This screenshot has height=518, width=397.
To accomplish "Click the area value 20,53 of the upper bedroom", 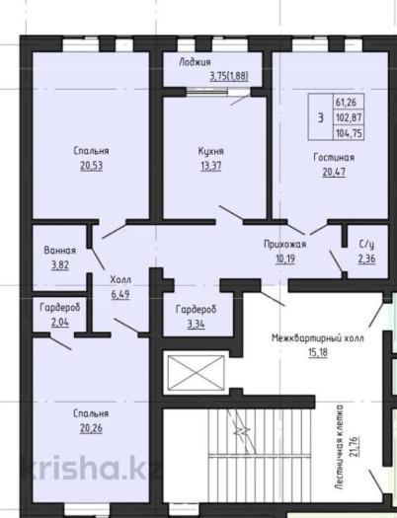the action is [x=91, y=166].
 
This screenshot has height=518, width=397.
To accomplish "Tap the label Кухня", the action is [x=211, y=151].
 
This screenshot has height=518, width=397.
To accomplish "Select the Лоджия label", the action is [x=195, y=62].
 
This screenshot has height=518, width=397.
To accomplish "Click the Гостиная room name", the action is [x=334, y=157].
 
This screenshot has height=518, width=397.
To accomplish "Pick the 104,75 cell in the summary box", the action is [x=349, y=133].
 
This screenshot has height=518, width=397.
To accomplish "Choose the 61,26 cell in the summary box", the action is [x=347, y=102].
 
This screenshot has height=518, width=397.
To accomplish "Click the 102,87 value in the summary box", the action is [x=349, y=117].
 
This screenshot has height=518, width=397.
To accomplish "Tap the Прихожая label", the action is [x=285, y=244].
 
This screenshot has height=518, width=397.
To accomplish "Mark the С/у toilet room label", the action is [x=366, y=244].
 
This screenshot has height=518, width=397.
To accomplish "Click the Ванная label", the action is [x=60, y=250].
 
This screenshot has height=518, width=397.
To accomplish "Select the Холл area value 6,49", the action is [x=120, y=294].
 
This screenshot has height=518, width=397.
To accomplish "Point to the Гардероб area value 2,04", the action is [x=60, y=322].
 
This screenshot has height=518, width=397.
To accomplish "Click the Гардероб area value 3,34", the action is [x=196, y=324].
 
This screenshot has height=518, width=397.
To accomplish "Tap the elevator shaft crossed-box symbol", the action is [x=196, y=373].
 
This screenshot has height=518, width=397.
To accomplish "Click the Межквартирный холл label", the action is [x=318, y=338].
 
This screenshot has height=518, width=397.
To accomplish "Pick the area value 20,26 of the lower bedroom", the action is [x=91, y=428].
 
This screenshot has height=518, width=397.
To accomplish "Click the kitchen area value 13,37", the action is [x=211, y=166].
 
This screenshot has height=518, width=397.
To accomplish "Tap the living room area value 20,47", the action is [x=334, y=172].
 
